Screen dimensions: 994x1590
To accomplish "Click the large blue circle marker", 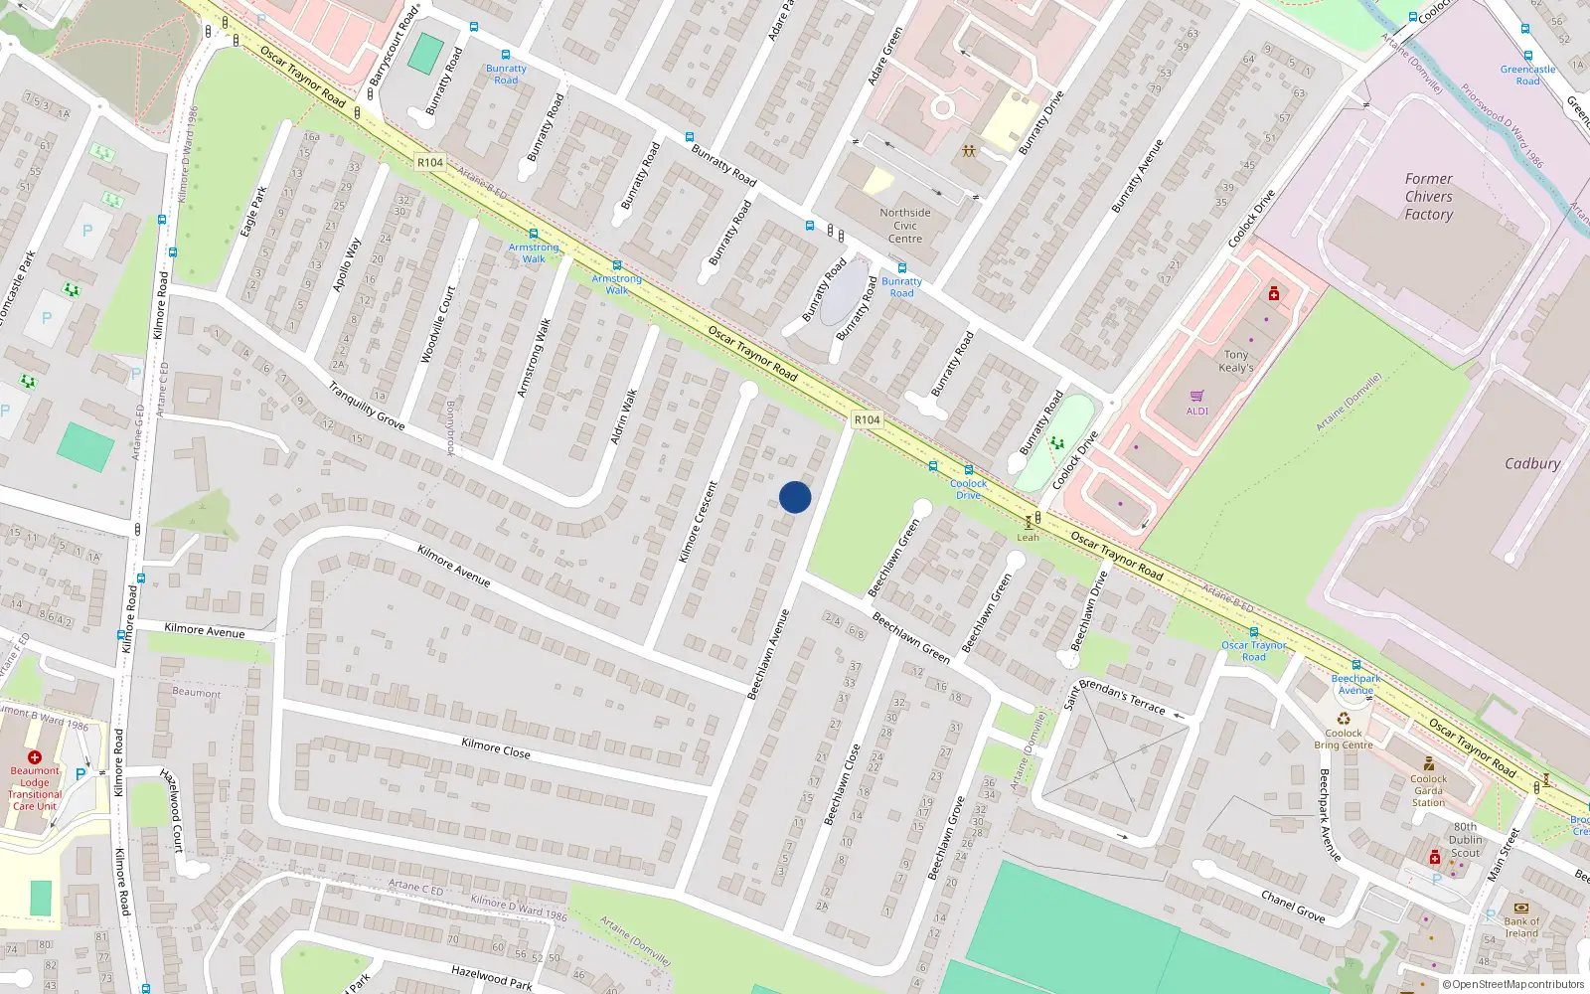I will point(795,497).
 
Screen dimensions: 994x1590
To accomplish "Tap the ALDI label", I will point(1197,411).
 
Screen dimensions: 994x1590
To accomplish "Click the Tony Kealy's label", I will point(1236,361).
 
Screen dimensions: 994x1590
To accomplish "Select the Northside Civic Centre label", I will point(905,226).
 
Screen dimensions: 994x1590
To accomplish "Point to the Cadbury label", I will point(1531,463).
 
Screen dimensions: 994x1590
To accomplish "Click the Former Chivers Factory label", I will point(1428,197).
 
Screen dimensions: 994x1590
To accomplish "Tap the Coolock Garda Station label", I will point(1428,790).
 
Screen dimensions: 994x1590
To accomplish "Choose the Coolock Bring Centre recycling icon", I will point(1344,719).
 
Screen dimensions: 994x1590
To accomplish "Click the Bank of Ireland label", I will point(1521,927).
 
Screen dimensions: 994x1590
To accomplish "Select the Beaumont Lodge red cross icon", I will point(35,757).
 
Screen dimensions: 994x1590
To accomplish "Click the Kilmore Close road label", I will point(496,748).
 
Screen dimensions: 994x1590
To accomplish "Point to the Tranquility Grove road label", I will point(367,407).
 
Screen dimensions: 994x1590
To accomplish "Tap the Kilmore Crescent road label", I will point(698,522).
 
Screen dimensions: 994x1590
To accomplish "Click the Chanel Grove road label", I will point(1293,906).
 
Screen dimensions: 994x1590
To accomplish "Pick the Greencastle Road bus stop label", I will point(1527,75).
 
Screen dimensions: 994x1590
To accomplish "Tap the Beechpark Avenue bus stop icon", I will point(1355,665).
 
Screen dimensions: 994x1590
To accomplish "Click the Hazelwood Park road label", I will point(491,978).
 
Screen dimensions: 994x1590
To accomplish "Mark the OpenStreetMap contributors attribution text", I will point(1513,985).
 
